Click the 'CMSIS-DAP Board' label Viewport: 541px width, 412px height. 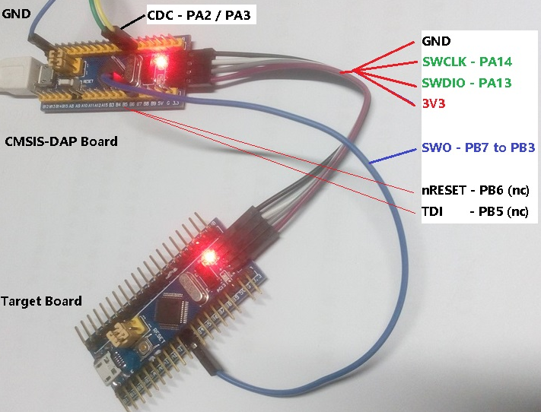click(x=61, y=141)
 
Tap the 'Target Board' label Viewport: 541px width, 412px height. click(x=41, y=301)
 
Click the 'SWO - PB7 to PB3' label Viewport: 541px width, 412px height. click(x=478, y=147)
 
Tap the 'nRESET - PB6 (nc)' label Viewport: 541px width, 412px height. click(x=475, y=190)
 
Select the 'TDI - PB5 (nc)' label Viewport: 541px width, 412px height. click(x=475, y=211)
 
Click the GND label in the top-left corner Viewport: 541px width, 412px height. click(x=16, y=14)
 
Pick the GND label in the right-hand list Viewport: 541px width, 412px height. click(x=436, y=42)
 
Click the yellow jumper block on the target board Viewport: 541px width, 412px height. click(x=124, y=333)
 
